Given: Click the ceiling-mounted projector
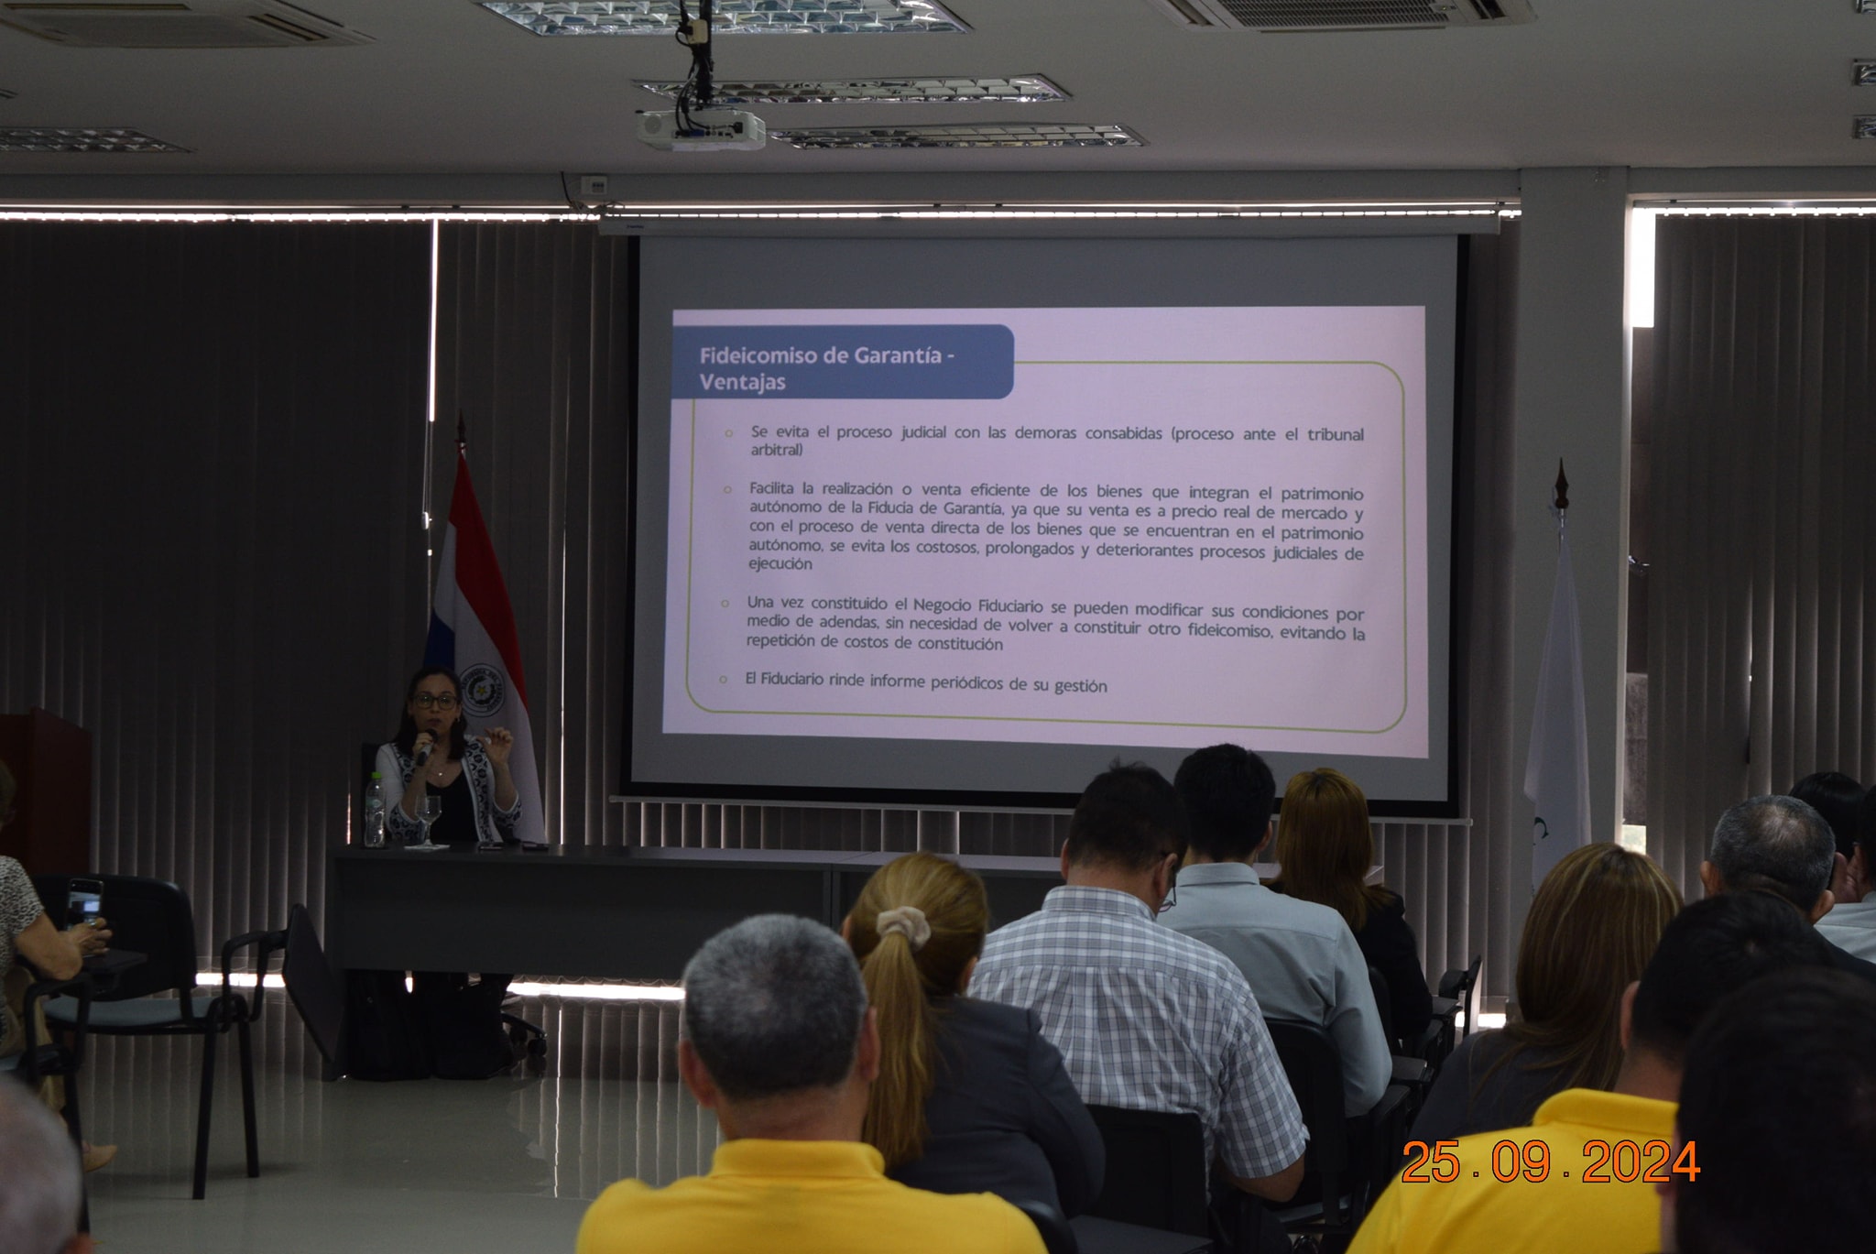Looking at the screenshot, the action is pyautogui.click(x=702, y=129).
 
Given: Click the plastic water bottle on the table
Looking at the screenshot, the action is pyautogui.click(x=374, y=810).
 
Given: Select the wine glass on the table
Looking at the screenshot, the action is pyautogui.click(x=428, y=818).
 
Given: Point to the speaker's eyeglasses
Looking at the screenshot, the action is pyautogui.click(x=435, y=701).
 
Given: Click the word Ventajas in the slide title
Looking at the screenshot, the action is pyautogui.click(x=742, y=382).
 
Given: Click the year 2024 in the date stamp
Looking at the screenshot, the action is pyautogui.click(x=1641, y=1162).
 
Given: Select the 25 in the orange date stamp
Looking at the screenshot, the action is pyautogui.click(x=1431, y=1162).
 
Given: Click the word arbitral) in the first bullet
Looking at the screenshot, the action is pyautogui.click(x=777, y=450).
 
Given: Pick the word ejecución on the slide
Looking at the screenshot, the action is pyautogui.click(x=780, y=563).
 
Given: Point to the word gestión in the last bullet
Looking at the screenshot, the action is pyautogui.click(x=1080, y=685).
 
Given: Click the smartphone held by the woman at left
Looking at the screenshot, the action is pyautogui.click(x=84, y=903).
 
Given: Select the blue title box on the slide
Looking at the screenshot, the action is pyautogui.click(x=843, y=363).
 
